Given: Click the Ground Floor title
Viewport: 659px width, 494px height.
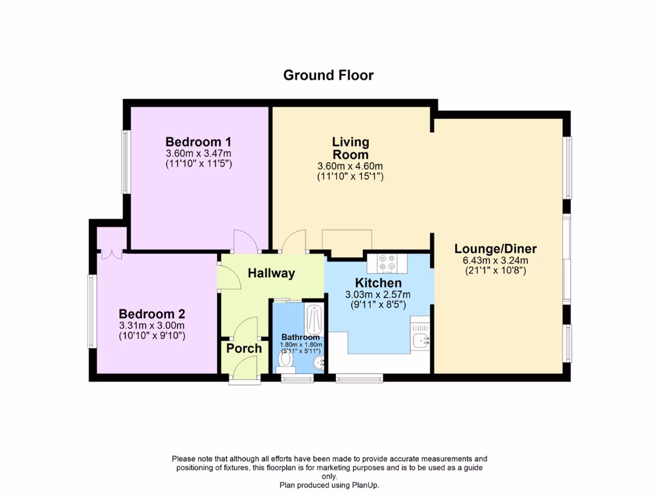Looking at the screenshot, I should click(x=328, y=75).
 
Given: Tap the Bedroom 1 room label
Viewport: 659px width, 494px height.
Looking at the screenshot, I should click(x=198, y=142).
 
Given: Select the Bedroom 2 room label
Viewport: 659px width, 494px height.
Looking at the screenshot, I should click(x=152, y=314).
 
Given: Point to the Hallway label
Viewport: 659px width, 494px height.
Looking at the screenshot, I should click(x=271, y=273).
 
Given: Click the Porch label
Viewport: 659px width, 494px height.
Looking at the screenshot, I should click(x=244, y=349).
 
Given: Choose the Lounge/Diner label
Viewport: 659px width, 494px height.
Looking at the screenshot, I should click(x=496, y=249).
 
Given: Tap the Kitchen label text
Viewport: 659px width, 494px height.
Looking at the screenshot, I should click(x=378, y=283).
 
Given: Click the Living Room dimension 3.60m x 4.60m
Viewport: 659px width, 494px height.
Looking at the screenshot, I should click(x=350, y=166).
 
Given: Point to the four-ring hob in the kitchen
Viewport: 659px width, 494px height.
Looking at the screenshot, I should click(x=386, y=262).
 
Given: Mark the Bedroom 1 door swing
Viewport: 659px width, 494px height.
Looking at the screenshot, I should click(x=245, y=241).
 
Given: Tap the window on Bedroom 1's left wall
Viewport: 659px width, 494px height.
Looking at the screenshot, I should click(x=125, y=162).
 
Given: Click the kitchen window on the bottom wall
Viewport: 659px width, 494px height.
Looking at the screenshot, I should click(x=359, y=379).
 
